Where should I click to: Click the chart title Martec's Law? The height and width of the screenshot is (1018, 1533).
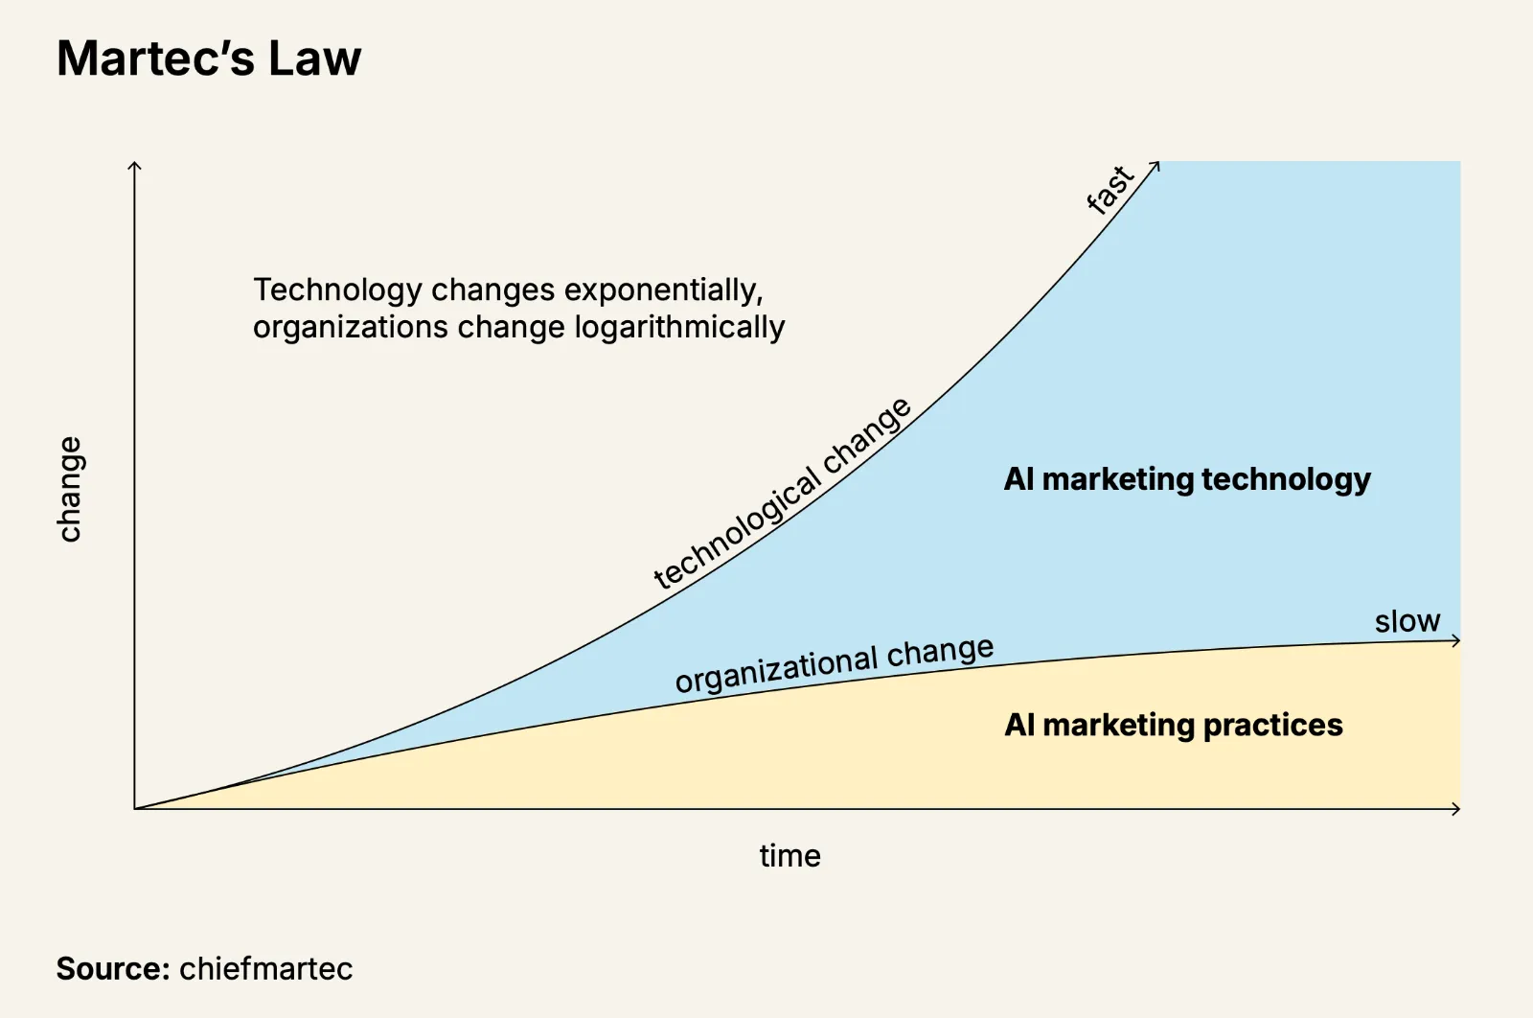(209, 58)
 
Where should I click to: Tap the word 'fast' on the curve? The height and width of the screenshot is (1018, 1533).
(1110, 189)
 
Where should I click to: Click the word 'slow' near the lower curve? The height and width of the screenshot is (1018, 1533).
(1407, 621)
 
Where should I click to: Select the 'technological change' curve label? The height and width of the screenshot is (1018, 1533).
(782, 494)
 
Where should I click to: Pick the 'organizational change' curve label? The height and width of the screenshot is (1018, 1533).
(834, 663)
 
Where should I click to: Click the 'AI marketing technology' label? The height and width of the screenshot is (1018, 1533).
(1186, 478)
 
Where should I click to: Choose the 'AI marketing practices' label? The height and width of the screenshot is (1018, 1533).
(1173, 725)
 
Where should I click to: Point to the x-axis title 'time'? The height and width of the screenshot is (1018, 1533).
(789, 855)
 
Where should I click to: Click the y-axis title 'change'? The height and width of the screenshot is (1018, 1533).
(70, 489)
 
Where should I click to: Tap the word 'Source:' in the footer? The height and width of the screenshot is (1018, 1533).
(113, 968)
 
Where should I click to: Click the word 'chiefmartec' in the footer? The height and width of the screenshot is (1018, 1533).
(265, 968)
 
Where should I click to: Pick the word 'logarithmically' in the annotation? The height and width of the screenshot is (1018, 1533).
(679, 327)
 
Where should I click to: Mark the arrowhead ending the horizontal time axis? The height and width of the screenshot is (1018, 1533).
(1457, 809)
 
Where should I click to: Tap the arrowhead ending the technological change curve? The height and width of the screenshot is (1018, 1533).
(1156, 165)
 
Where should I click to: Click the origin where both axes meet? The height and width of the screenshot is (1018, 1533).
(135, 809)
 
